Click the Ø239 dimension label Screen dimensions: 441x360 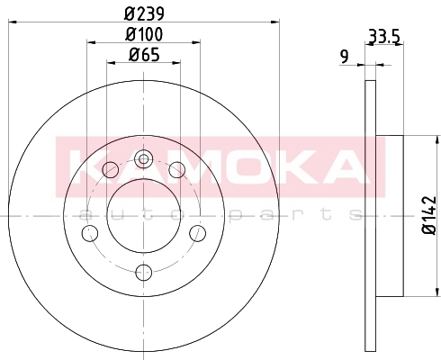144,13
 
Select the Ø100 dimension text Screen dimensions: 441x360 144,34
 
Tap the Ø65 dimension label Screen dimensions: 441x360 144,55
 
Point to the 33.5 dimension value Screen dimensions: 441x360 384,37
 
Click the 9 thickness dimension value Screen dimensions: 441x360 345,57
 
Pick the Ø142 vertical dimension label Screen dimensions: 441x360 429,215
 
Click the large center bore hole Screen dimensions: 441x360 144,215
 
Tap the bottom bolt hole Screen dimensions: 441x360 144,273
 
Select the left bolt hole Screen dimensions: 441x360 90,233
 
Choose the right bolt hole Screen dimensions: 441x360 198,233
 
